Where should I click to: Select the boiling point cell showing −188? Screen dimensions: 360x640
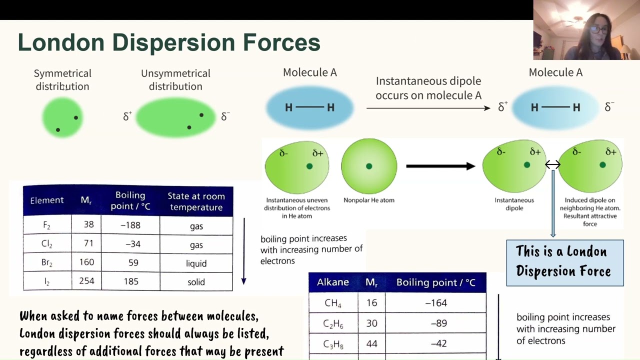pos(130,225)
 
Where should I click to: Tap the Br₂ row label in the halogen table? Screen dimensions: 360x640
pos(47,263)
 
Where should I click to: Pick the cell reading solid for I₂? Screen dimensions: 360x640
pos(196,282)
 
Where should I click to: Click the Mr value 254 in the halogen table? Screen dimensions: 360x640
pos(86,281)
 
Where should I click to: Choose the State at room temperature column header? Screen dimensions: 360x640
pos(196,201)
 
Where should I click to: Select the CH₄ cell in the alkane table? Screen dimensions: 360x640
pos(333,303)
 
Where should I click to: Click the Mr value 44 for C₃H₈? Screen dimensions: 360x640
pos(371,344)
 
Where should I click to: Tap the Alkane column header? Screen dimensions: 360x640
pos(333,282)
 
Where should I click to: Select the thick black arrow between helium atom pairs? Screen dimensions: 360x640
pos(440,166)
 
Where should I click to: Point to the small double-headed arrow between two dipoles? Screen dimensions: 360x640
pos(552,164)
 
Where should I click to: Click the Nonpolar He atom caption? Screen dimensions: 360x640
pos(369,200)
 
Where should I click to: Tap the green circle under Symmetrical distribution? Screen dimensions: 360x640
pos(62,117)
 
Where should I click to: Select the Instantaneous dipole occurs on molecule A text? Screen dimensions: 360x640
pos(428,88)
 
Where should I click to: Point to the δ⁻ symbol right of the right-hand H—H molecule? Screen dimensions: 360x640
pos(609,107)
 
